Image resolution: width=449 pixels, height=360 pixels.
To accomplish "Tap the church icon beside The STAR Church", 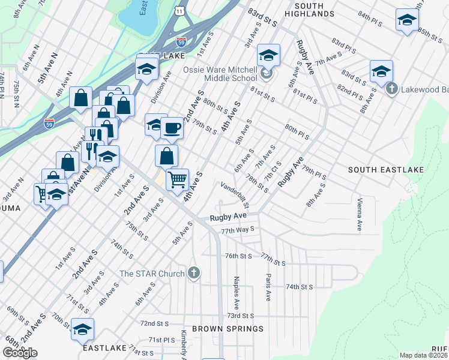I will point(193,274).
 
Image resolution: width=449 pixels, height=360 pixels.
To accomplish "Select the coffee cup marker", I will point(172,128).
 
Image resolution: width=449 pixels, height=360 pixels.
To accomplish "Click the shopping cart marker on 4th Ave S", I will point(177,179).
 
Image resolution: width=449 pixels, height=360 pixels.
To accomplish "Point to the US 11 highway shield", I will point(180,11).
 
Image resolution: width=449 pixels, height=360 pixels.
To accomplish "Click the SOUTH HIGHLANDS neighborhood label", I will point(304,9).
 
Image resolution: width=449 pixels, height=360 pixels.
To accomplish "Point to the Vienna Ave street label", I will point(360,215).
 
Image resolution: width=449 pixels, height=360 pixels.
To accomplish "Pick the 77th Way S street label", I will point(238,229).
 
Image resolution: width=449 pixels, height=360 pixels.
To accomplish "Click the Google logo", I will point(20,353).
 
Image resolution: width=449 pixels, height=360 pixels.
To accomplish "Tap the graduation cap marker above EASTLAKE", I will point(82,329).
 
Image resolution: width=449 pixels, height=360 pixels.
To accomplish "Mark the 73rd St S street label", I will point(241,316).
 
